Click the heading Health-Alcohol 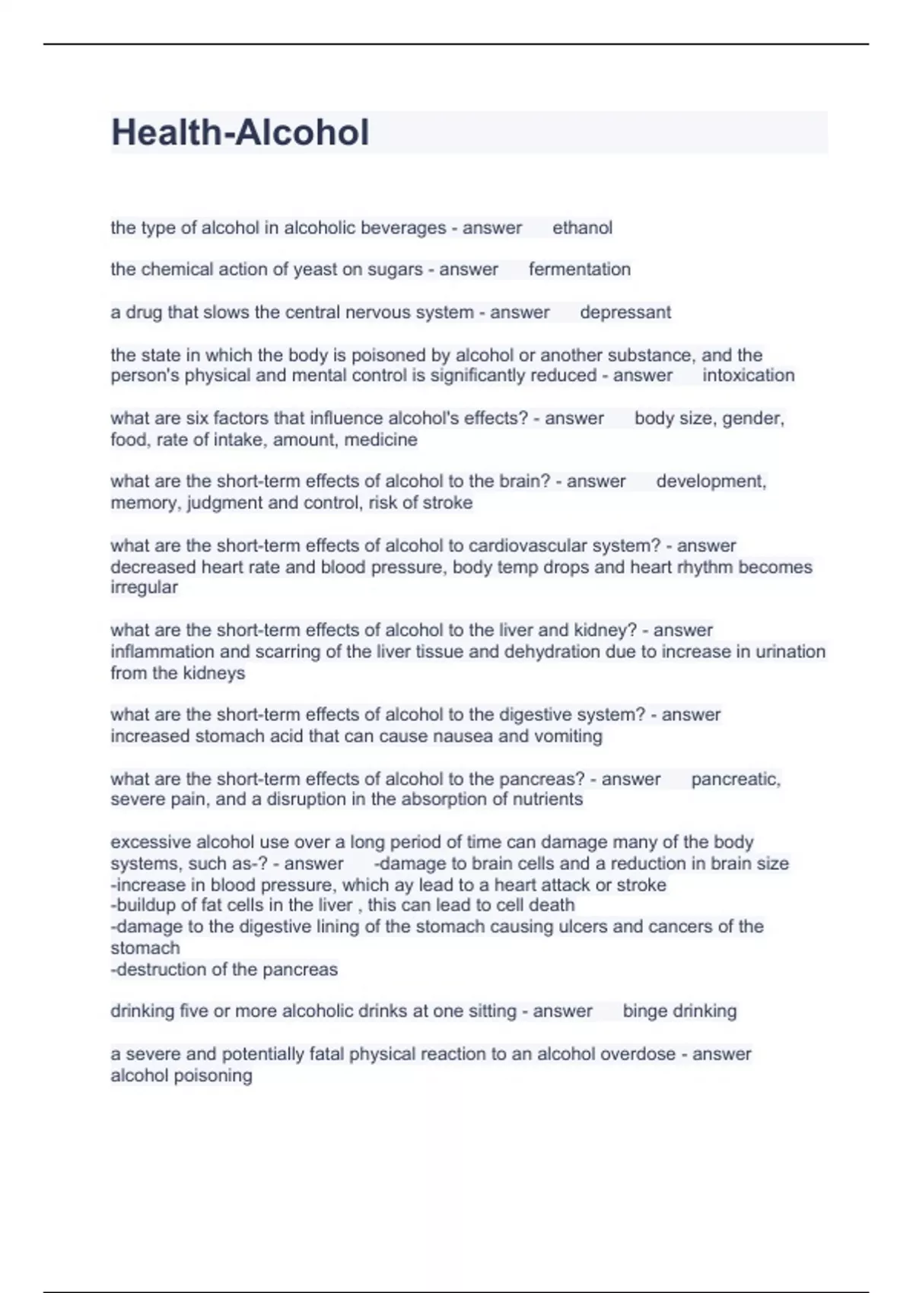pyautogui.click(x=240, y=132)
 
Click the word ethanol pyautogui.click(x=582, y=227)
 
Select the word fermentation pyautogui.click(x=579, y=269)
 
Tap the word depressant pyautogui.click(x=625, y=312)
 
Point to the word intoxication pyautogui.click(x=748, y=375)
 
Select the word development pyautogui.click(x=711, y=481)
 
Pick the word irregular pyautogui.click(x=144, y=587)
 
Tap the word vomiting pyautogui.click(x=571, y=736)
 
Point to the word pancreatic pyautogui.click(x=735, y=779)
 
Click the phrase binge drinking pyautogui.click(x=679, y=1011)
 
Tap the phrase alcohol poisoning pyautogui.click(x=181, y=1075)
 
